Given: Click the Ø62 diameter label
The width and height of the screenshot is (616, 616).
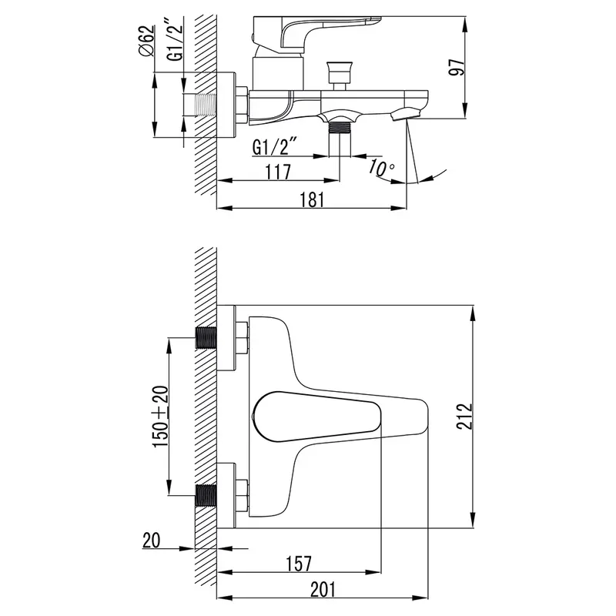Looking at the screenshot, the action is [146, 41].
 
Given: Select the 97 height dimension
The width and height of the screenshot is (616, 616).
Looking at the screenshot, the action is [457, 68].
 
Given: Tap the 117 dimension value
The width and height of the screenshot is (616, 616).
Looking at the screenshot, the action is [278, 172].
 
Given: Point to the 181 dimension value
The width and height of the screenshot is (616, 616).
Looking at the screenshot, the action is [313, 199].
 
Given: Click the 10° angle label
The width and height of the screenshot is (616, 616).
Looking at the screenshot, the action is [381, 168].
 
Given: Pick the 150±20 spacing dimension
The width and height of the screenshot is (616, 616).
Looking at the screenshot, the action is [161, 417].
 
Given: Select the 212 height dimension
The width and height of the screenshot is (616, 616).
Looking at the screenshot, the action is [465, 416].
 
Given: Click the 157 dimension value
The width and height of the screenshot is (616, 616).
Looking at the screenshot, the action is [299, 564].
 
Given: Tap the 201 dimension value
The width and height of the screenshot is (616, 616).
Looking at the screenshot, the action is [323, 589].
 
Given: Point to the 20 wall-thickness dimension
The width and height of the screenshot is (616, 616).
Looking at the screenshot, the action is [151, 541].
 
